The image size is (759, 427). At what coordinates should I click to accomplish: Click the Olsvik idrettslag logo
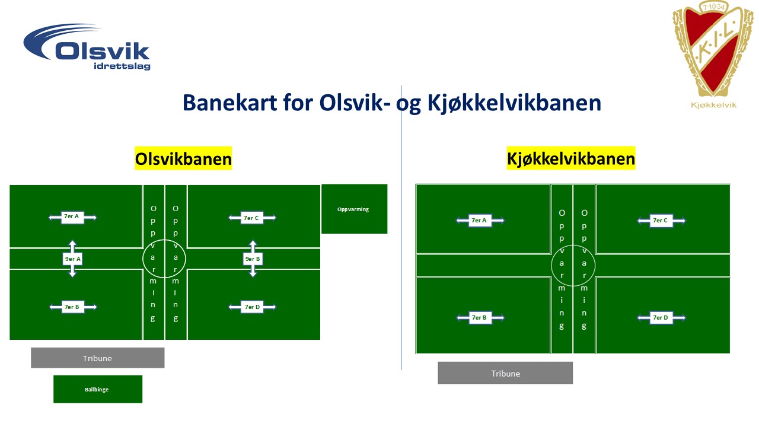[x=87, y=47]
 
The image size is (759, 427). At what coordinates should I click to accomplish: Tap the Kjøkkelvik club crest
[x=713, y=54]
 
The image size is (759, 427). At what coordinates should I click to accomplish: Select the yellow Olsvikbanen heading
[x=183, y=158]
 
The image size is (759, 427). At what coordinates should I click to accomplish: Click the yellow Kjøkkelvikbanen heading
[x=571, y=158]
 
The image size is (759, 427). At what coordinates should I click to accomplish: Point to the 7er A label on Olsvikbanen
[x=72, y=216]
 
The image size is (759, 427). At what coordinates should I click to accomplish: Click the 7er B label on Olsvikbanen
[x=72, y=307]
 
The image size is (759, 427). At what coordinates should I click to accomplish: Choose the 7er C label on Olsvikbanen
[x=252, y=218]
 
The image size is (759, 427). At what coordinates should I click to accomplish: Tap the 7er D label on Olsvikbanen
[x=252, y=307]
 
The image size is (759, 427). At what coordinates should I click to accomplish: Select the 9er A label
[x=72, y=259]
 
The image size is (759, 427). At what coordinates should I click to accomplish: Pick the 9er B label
[x=253, y=259]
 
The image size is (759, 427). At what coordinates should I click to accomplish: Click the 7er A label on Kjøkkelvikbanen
[x=480, y=221]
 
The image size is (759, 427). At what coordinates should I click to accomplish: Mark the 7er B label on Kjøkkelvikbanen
[x=480, y=317]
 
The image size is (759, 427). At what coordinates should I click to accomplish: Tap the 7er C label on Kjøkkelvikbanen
[x=661, y=221]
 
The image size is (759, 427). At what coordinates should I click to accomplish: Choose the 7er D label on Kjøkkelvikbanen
[x=661, y=317]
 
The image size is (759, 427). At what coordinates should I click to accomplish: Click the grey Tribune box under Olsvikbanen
[x=98, y=358]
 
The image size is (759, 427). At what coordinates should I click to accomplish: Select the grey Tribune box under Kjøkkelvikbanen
[x=505, y=373]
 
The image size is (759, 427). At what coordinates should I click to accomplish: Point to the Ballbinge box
[x=98, y=390]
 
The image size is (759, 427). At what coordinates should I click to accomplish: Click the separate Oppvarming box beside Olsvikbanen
[x=354, y=209]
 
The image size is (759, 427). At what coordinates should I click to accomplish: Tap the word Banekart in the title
[x=230, y=103]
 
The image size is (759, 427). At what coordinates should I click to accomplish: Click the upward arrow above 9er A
[x=72, y=246]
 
